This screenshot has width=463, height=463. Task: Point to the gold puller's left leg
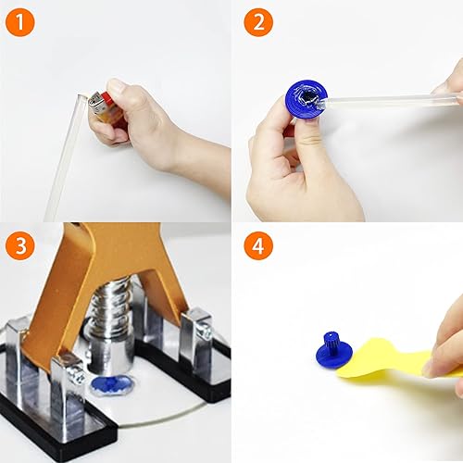point(56,306)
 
